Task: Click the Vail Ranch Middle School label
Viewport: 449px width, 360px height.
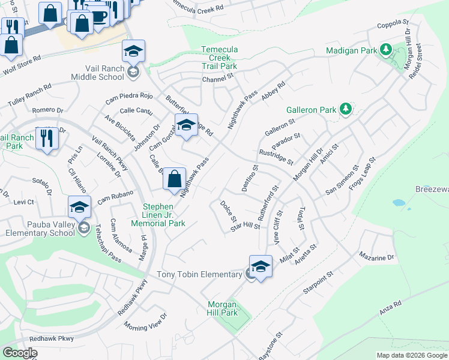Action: (x=97, y=73)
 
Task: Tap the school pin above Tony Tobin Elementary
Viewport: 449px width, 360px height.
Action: (x=261, y=267)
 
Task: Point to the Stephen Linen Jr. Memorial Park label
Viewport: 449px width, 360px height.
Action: (x=163, y=215)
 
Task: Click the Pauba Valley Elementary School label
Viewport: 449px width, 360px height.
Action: (x=39, y=227)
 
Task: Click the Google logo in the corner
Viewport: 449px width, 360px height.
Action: (x=20, y=353)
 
